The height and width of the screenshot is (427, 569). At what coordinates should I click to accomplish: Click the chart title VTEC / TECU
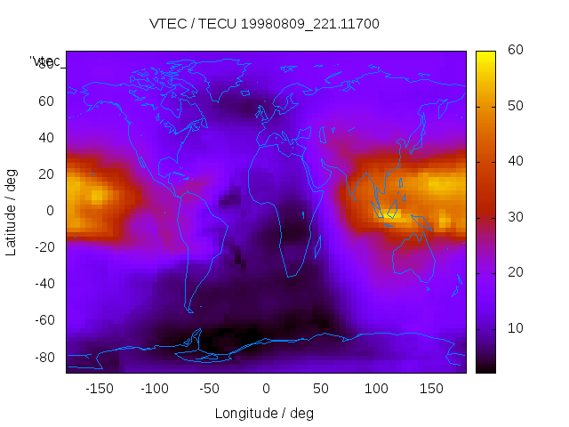pyautogui.click(x=264, y=24)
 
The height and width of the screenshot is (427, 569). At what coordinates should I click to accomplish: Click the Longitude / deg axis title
pyautogui.click(x=264, y=414)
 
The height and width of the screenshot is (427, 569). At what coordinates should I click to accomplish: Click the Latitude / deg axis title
pyautogui.click(x=12, y=210)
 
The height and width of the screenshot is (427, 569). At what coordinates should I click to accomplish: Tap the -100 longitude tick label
pyautogui.click(x=154, y=389)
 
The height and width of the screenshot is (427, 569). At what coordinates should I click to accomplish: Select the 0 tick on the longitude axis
pyautogui.click(x=266, y=389)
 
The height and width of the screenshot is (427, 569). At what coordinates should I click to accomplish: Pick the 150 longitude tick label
pyautogui.click(x=432, y=389)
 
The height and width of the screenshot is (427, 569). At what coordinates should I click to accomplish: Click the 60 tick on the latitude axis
pyautogui.click(x=46, y=101)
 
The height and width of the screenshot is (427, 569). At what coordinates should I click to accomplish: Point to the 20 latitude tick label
pyautogui.click(x=46, y=174)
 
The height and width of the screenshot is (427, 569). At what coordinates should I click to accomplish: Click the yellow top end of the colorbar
pyautogui.click(x=485, y=55)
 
